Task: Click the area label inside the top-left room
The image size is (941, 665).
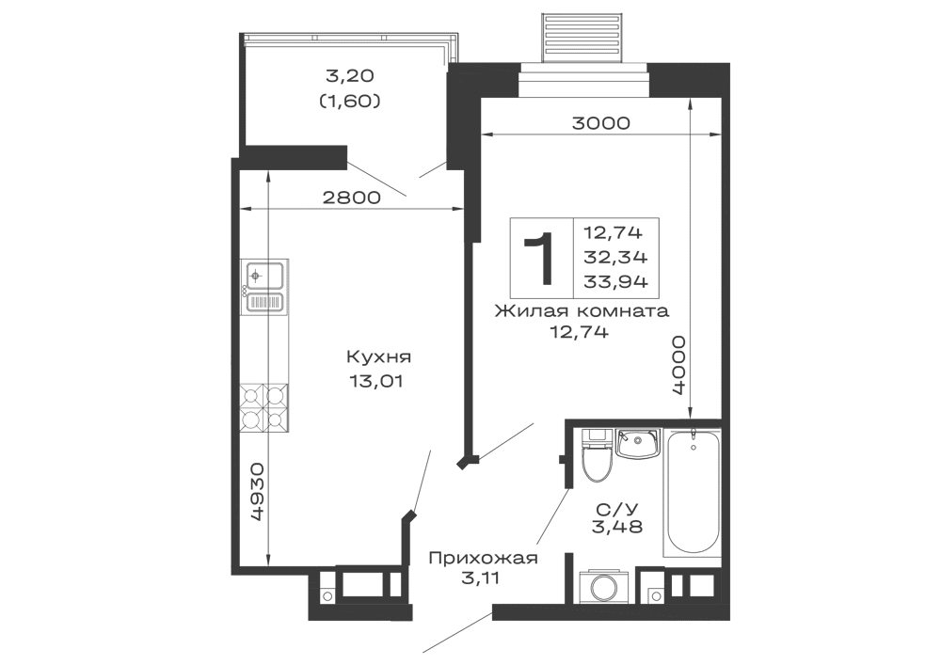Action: [x=350, y=90]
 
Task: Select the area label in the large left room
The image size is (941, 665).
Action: [x=379, y=368]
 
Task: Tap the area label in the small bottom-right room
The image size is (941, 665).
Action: [x=616, y=516]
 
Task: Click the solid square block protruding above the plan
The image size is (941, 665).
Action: [x=579, y=34]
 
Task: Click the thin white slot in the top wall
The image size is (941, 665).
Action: [x=583, y=87]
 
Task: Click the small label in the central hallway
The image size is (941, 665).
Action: [x=468, y=569]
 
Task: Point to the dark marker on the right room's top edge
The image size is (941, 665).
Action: [x=602, y=120]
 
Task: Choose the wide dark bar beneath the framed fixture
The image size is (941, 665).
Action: [x=579, y=312]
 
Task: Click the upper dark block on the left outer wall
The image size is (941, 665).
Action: [x=262, y=278]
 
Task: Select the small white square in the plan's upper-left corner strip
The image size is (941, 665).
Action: [x=251, y=187]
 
